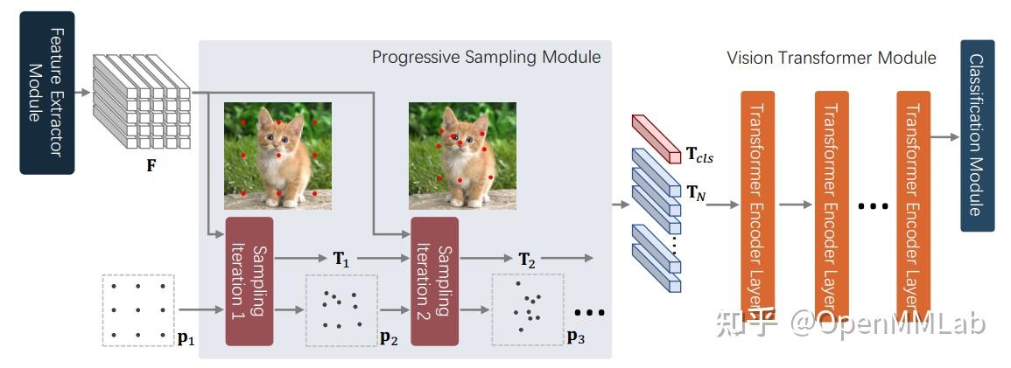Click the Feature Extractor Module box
[x=47, y=92]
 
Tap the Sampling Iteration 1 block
[x=249, y=281]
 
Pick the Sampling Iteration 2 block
[x=435, y=281]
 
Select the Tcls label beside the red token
[x=699, y=156]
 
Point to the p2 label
[x=389, y=337]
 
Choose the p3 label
[x=575, y=337]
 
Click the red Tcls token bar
[x=656, y=138]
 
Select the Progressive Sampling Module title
[x=486, y=58]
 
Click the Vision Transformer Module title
[x=831, y=58]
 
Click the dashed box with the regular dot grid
[x=138, y=309]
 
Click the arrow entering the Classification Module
[x=944, y=136]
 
